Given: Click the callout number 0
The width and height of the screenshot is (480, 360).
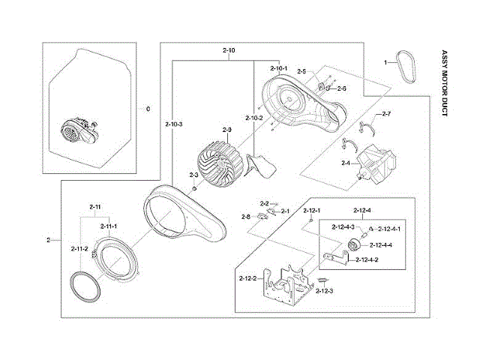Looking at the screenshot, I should [148, 109].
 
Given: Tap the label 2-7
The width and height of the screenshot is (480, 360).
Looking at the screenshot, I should [387, 113].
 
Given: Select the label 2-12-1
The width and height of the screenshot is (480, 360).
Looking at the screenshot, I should [312, 211].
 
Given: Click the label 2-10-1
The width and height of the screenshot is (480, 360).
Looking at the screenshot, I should [278, 68].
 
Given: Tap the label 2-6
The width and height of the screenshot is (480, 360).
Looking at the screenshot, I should [342, 88].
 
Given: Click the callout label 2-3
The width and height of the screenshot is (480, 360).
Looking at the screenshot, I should [193, 175].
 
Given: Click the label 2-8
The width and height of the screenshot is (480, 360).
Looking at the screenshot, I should [245, 217].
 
